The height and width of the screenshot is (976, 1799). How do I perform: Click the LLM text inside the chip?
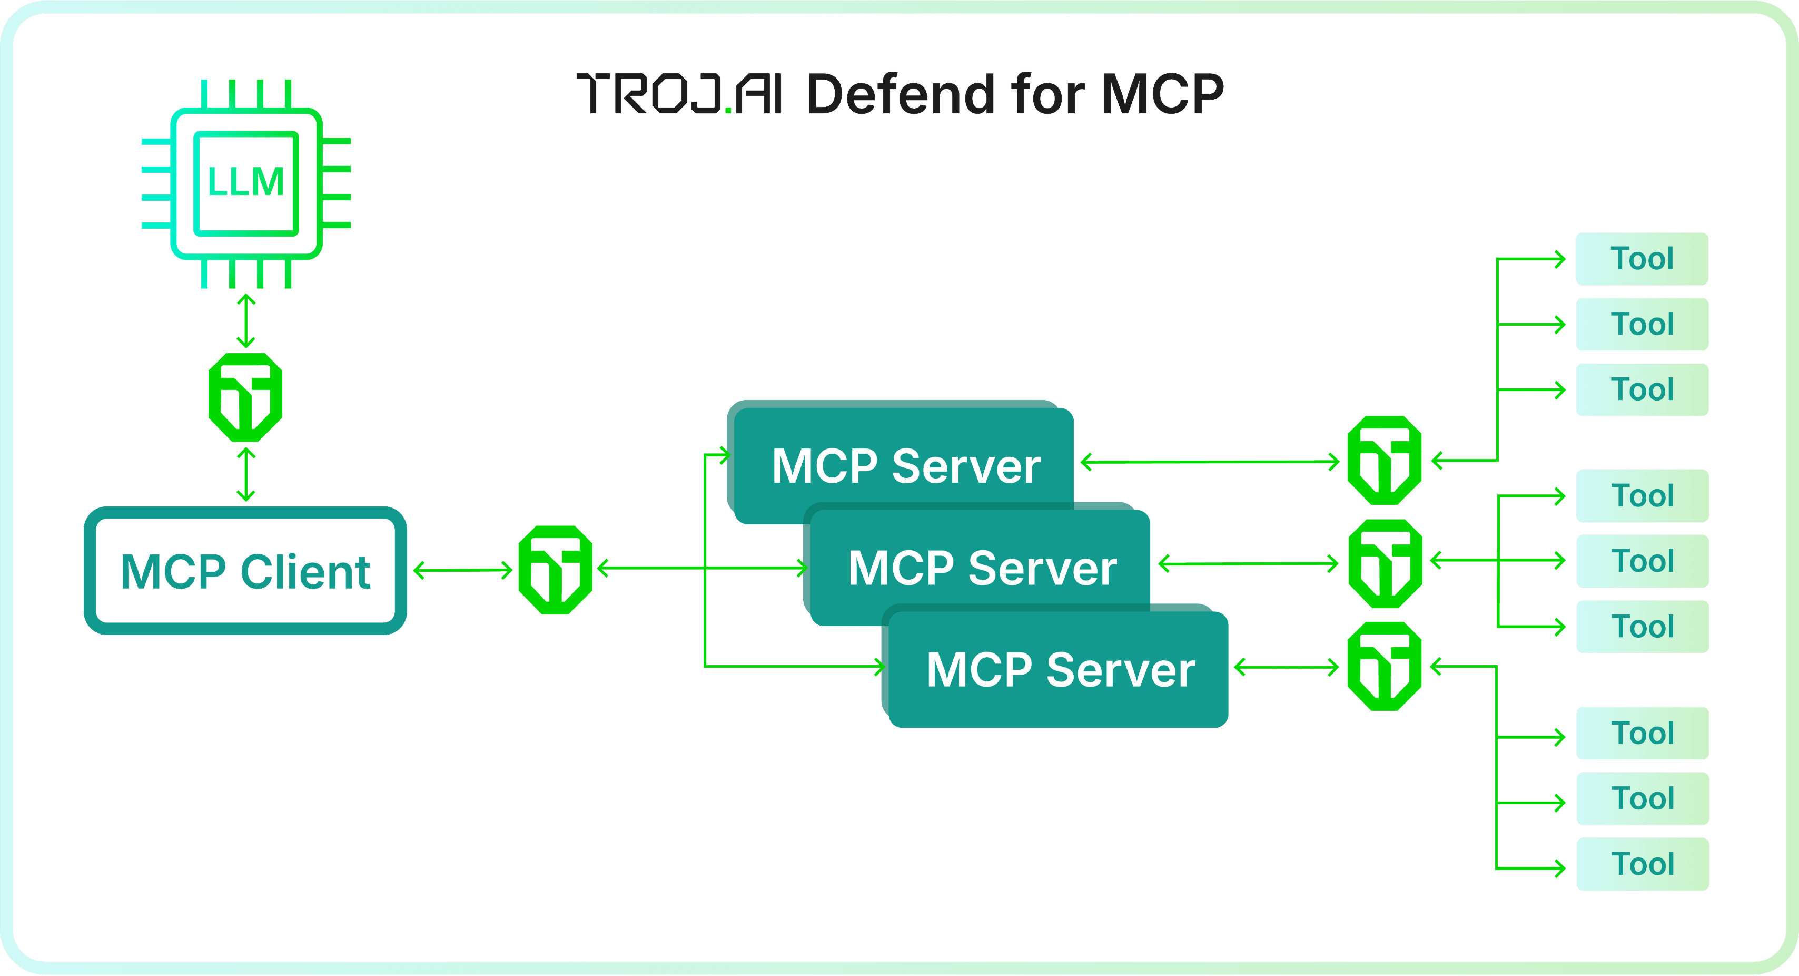tap(246, 182)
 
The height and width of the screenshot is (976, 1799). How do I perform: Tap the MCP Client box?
tap(245, 571)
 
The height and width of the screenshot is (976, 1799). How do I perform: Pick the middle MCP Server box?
tap(981, 567)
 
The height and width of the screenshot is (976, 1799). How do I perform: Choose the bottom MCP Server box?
tap(1060, 669)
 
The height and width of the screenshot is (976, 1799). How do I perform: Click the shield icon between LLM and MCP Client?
tap(245, 397)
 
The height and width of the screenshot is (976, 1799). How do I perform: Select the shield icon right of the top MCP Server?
tap(1384, 461)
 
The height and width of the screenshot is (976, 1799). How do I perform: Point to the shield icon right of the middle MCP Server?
tap(1385, 563)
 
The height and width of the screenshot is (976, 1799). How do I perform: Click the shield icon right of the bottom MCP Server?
tap(1384, 667)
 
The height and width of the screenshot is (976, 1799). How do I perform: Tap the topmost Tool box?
tap(1642, 259)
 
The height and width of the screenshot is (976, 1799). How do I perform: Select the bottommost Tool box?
tap(1643, 864)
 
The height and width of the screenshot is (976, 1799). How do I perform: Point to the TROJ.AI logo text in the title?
tap(679, 94)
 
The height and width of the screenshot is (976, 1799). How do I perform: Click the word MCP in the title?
tap(1163, 94)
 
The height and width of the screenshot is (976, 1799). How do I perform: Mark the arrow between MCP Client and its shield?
tap(463, 570)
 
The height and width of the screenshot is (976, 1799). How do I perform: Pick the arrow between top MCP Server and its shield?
tap(1210, 462)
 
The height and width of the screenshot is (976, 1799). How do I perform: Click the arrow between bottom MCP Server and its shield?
tap(1287, 667)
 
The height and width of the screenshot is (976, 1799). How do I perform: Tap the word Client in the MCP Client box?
tap(305, 571)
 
